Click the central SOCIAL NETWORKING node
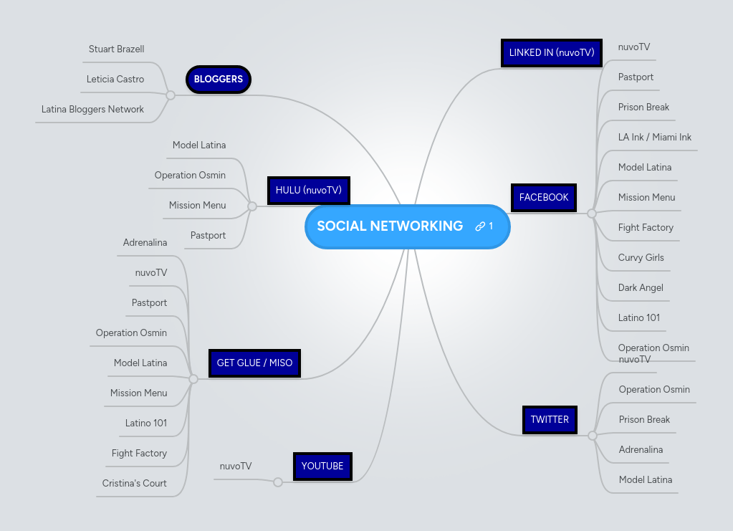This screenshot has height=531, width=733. point(390,226)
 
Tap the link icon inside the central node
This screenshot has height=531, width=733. point(480,226)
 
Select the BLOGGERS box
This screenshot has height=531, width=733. point(219,80)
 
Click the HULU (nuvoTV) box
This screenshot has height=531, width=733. point(308,191)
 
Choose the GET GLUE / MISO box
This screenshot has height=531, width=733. point(254,363)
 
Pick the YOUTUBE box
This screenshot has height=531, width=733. point(322,466)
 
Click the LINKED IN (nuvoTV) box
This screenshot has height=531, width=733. point(551,53)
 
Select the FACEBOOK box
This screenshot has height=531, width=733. point(544,198)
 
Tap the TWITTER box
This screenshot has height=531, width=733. point(550,420)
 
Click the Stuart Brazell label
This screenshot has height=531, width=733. point(116,49)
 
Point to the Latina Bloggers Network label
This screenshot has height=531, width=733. point(92,110)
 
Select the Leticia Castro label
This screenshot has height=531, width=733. point(115,80)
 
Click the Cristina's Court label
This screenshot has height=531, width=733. point(134,484)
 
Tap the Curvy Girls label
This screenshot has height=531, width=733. point(641,258)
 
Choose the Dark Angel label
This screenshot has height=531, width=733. point(641,288)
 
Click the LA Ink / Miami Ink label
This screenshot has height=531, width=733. point(655,138)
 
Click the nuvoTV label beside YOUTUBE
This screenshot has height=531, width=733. point(236,467)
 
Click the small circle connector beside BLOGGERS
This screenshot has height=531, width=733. point(170,95)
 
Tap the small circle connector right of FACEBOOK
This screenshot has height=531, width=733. point(592,214)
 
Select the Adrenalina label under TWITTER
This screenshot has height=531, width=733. point(641,450)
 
